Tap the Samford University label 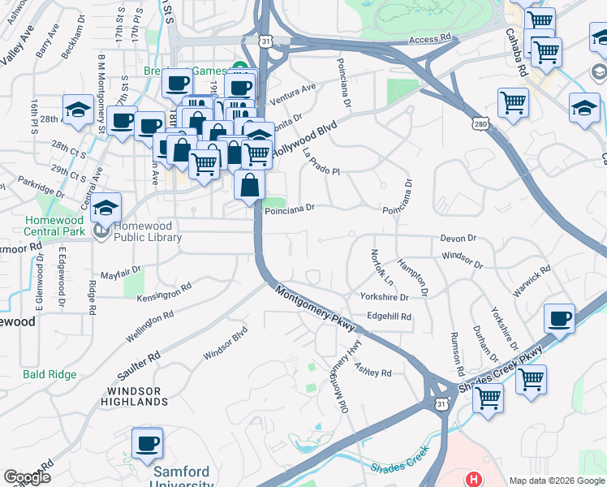coord(182,476)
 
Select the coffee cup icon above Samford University coord(148,444)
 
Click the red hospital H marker coord(475,481)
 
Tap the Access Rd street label coord(429,38)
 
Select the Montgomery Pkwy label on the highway coord(316,308)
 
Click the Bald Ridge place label coord(50,374)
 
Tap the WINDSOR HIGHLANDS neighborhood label coord(136,396)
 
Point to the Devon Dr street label coord(458,239)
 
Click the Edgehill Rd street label coord(390,317)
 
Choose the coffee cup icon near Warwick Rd coord(558,319)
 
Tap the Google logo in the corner coord(27,477)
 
